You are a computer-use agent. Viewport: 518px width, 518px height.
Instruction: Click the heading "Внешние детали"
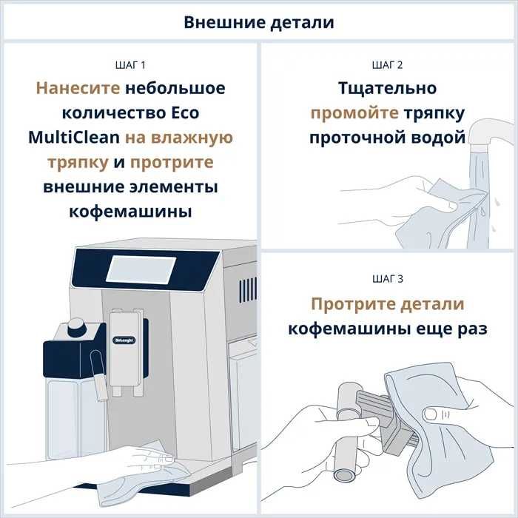[x=259, y=22]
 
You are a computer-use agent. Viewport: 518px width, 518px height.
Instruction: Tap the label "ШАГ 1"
[x=130, y=65]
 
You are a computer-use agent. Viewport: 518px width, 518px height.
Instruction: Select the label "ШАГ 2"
[x=388, y=65]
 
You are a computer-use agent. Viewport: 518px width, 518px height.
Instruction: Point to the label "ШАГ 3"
[x=388, y=279]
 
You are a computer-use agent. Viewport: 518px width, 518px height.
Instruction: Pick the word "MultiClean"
[x=71, y=138]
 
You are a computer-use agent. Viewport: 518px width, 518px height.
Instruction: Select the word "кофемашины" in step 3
[x=344, y=329]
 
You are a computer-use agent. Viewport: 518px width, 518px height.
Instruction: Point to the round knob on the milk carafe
[x=75, y=326]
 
